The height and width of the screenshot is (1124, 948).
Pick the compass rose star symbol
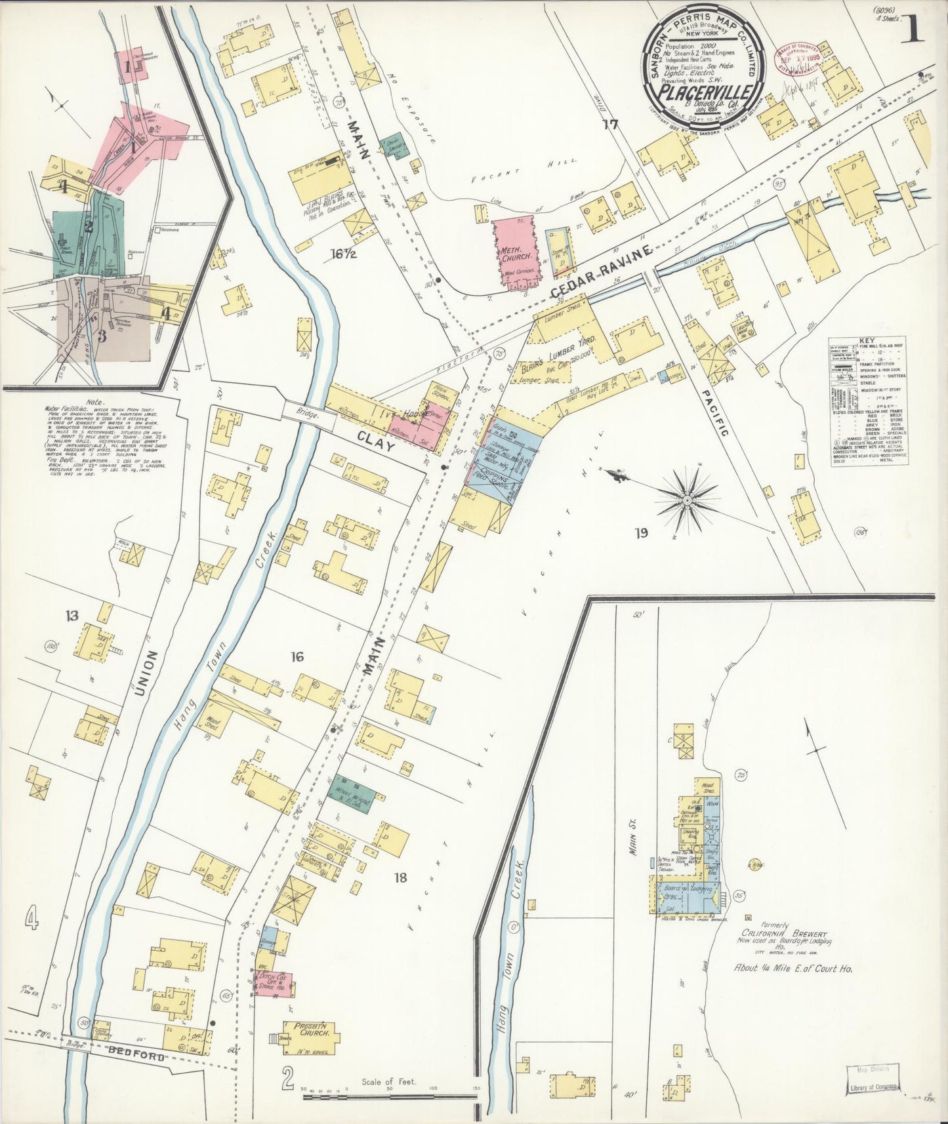(686, 500)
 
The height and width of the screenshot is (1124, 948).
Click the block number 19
(640, 532)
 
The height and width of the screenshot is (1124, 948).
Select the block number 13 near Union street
(72, 615)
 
